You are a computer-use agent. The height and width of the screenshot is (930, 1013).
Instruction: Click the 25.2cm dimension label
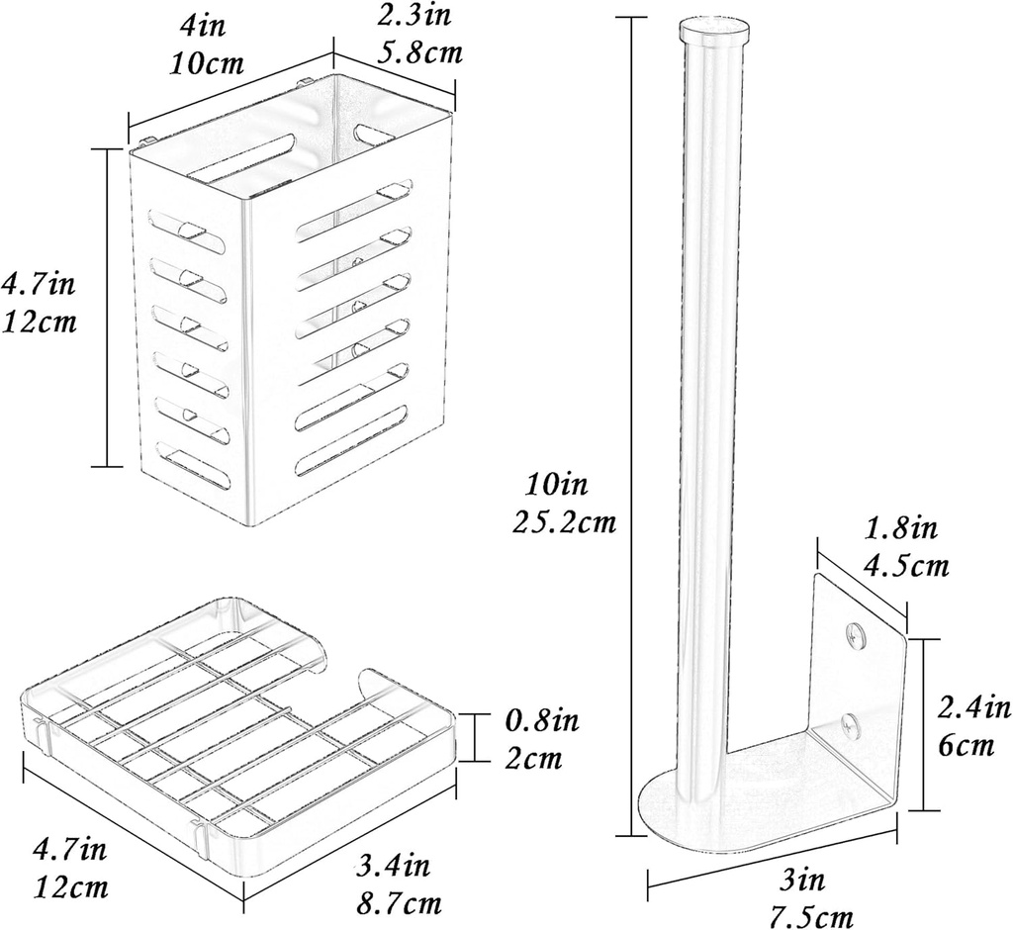[565, 521]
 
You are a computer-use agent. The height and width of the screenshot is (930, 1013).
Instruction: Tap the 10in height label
[557, 485]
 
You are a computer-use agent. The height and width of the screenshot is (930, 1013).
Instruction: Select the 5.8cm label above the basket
[420, 51]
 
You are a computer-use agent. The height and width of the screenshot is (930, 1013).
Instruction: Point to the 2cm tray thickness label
[533, 759]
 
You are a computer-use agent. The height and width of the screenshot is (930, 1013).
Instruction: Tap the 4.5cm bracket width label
[906, 566]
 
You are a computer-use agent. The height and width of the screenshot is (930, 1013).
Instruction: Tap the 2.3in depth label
[420, 16]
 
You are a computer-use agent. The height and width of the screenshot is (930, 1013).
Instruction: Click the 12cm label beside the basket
[40, 322]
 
